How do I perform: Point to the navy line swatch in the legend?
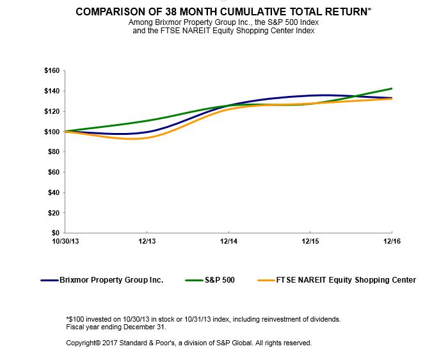[50, 280]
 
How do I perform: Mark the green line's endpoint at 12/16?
[391, 89]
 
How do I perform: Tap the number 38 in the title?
[170, 12]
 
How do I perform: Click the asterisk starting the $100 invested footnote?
[68, 318]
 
